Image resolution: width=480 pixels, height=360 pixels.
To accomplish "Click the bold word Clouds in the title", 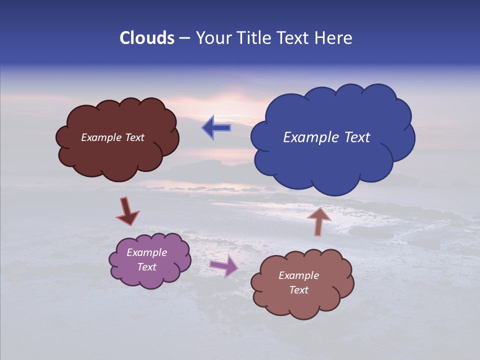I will click(x=146, y=38).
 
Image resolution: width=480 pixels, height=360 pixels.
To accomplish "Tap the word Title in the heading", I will click(x=255, y=38).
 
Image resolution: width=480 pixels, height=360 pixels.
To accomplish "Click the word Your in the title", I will click(x=212, y=38).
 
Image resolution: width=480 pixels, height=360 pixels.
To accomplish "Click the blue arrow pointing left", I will click(x=216, y=128).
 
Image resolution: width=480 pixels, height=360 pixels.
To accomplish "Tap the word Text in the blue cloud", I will click(x=357, y=137).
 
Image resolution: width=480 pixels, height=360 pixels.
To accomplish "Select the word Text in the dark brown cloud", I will click(x=135, y=137).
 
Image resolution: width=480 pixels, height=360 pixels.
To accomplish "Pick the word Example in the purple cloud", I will click(x=147, y=252).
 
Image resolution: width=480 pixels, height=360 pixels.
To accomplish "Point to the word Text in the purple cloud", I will click(x=147, y=267).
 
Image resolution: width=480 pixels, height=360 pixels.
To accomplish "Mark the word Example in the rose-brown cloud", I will click(x=298, y=275).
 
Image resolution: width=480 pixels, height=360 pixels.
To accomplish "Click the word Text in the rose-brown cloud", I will click(x=298, y=290).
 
